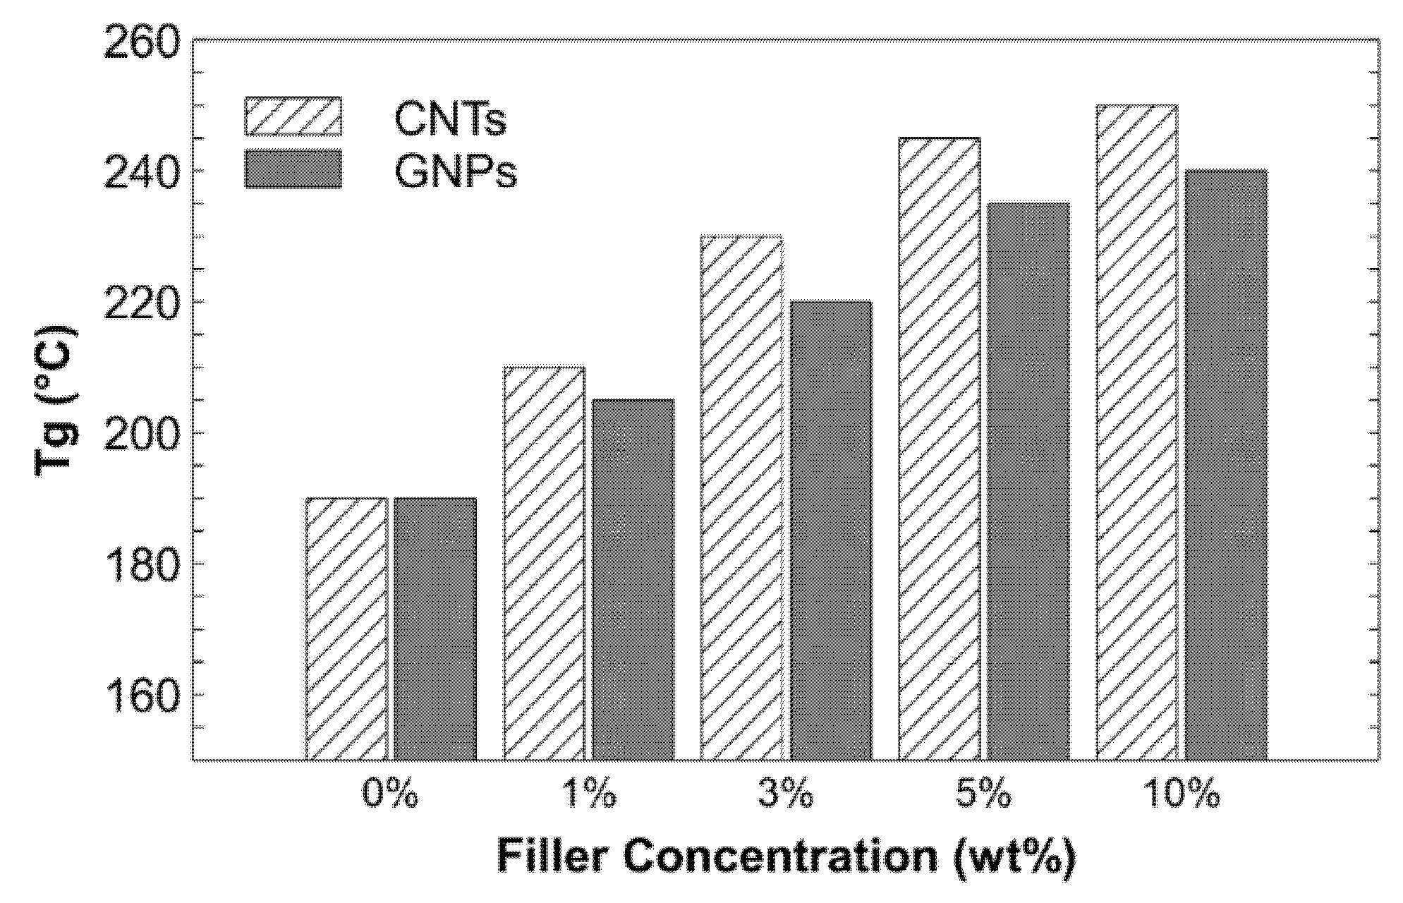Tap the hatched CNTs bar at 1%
point(544,564)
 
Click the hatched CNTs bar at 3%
point(741,498)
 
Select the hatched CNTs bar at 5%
point(940,449)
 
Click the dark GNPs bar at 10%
point(1227,465)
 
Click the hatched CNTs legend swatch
point(293,116)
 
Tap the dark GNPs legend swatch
point(293,169)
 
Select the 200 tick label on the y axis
point(139,432)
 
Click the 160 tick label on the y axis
point(139,695)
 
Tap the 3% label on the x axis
point(786,795)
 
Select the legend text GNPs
point(456,171)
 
